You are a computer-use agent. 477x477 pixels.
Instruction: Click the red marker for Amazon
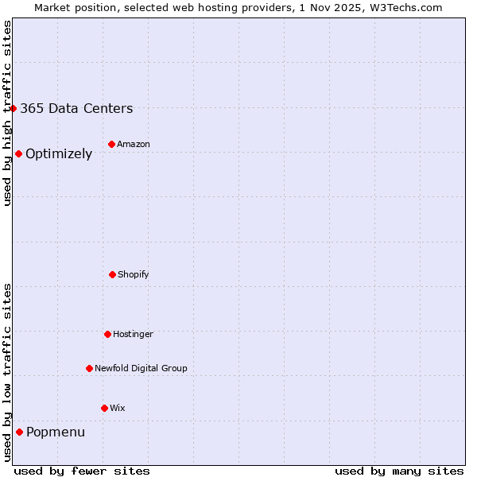point(111,144)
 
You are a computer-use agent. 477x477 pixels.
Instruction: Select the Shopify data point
point(112,274)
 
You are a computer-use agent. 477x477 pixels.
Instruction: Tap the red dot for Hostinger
point(107,334)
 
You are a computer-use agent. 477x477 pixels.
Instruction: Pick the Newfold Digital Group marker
point(89,368)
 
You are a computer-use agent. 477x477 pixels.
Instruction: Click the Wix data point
point(104,408)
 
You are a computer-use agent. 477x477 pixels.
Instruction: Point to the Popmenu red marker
point(19,432)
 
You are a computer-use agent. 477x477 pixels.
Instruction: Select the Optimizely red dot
point(18,153)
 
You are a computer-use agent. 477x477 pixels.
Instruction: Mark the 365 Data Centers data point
point(14,108)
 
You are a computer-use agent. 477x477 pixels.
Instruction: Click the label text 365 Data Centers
point(76,109)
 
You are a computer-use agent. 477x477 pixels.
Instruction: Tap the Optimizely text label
point(59,154)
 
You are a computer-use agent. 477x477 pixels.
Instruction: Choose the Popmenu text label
point(56,432)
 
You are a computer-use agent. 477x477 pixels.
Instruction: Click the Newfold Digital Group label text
point(141,368)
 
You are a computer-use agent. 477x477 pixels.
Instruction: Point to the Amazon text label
point(134,144)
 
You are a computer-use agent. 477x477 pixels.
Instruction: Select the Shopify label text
point(134,274)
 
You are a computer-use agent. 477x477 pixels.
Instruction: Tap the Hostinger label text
point(133,334)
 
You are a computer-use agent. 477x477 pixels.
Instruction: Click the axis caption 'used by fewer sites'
point(82,471)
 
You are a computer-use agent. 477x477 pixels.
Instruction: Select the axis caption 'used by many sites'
point(399,471)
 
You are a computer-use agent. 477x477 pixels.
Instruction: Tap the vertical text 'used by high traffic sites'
point(7,113)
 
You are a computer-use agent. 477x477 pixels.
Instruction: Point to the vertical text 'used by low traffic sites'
point(7,372)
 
